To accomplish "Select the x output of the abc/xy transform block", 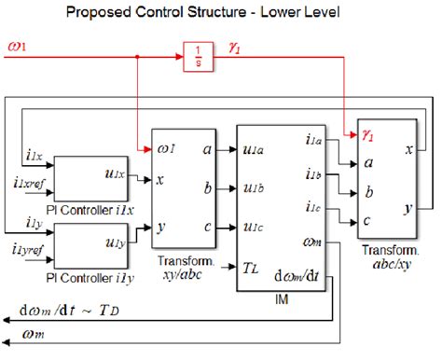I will pos(409,150).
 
